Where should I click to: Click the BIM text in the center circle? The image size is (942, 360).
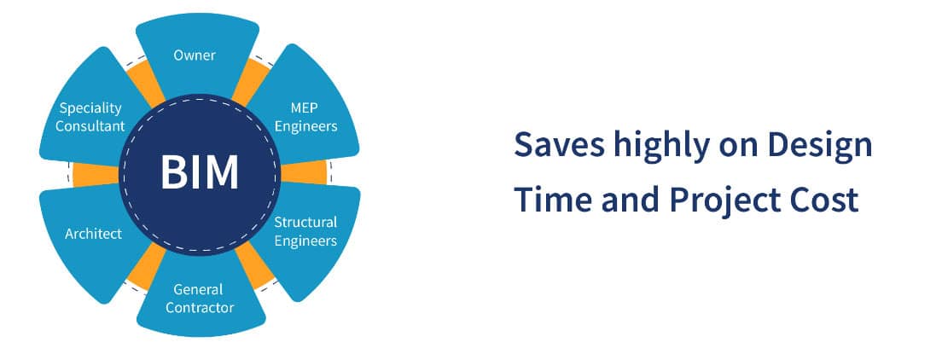(x=200, y=172)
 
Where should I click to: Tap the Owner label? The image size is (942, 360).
(x=195, y=55)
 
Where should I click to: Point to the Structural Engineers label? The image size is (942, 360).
(x=305, y=231)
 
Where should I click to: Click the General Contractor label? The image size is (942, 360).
(x=198, y=298)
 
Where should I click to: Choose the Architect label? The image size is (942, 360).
(x=94, y=233)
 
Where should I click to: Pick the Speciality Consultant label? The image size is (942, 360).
(x=90, y=118)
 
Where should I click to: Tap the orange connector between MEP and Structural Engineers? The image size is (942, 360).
(x=305, y=173)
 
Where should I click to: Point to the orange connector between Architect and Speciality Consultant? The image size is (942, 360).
(x=90, y=174)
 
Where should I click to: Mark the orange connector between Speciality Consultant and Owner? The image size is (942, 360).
(x=143, y=82)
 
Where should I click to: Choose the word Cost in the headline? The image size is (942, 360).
(x=821, y=200)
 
